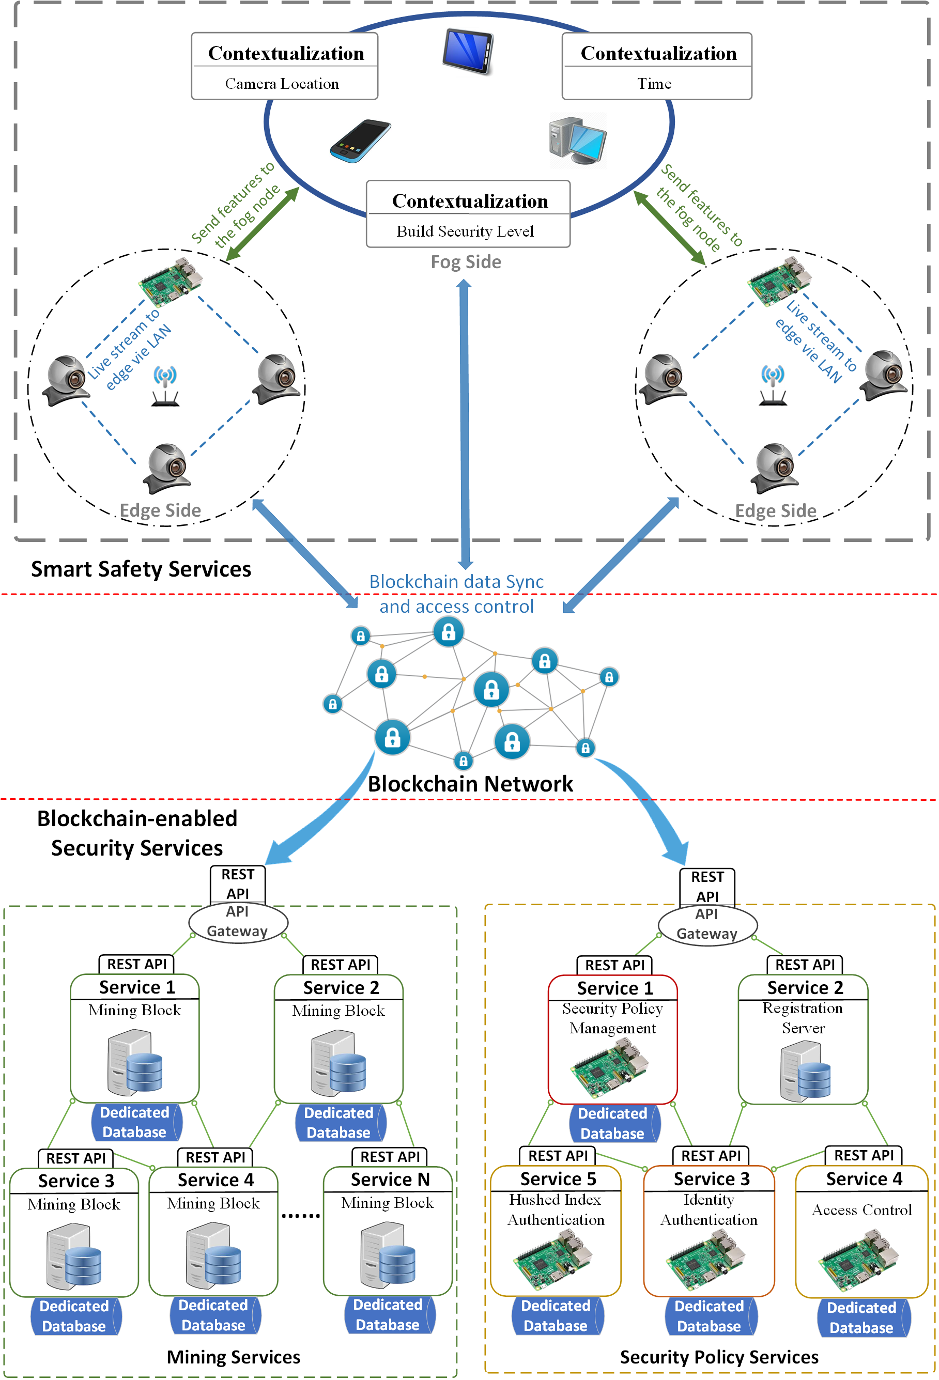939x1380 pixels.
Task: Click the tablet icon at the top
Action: [468, 51]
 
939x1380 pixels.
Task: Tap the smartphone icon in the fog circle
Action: [360, 141]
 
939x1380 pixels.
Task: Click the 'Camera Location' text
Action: [282, 84]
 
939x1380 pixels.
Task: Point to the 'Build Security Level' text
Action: [465, 231]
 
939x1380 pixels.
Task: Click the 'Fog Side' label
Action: [466, 262]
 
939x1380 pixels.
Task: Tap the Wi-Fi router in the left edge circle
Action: [165, 386]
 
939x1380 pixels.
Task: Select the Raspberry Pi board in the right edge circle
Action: [779, 281]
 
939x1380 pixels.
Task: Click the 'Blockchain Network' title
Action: [470, 784]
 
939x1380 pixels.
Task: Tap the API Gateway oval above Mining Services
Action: [238, 922]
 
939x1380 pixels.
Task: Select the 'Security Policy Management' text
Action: [612, 1018]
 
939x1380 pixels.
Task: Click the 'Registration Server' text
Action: [803, 1017]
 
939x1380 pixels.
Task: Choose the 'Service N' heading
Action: [390, 1180]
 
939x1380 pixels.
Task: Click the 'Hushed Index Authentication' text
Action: [556, 1209]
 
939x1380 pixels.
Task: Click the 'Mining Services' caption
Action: [233, 1357]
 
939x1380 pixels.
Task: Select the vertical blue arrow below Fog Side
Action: [465, 424]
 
